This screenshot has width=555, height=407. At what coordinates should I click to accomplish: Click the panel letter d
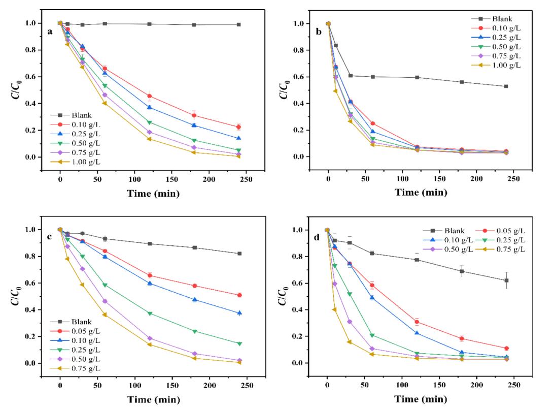coord(318,237)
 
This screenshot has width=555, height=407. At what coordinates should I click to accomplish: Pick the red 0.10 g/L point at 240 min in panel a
coord(238,127)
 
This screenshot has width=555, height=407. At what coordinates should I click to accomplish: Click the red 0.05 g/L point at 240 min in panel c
coord(239,295)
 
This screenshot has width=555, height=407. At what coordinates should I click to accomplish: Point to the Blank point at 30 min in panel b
coord(351,76)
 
